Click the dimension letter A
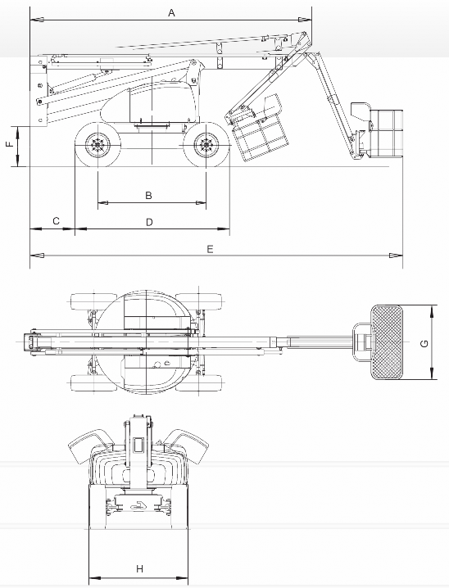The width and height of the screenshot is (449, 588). [x=171, y=13]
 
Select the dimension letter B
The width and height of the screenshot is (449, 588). [x=148, y=196]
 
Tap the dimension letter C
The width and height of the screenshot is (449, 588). [x=56, y=221]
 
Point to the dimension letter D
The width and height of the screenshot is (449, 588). [x=149, y=223]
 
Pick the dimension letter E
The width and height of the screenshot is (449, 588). [x=210, y=249]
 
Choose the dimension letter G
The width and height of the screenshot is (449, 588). [x=424, y=343]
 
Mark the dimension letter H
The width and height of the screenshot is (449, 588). [x=139, y=569]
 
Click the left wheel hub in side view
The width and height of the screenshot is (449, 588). [x=98, y=145]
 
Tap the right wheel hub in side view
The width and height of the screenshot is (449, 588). [x=206, y=145]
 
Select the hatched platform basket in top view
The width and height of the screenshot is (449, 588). [x=387, y=342]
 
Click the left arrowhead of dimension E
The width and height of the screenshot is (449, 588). [x=37, y=256]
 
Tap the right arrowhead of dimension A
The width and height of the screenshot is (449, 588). [x=305, y=20]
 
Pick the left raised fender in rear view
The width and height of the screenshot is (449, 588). [x=91, y=446]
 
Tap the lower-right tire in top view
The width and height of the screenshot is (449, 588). [x=199, y=383]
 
